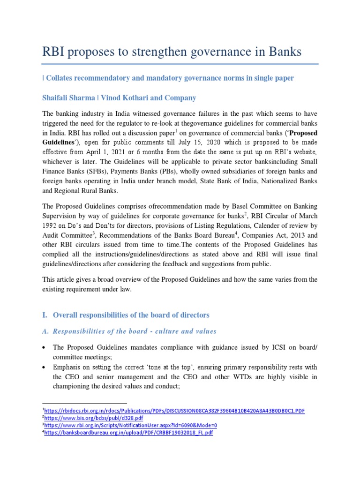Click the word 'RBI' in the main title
tap(55, 52)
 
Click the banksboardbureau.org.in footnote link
tap(129, 433)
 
